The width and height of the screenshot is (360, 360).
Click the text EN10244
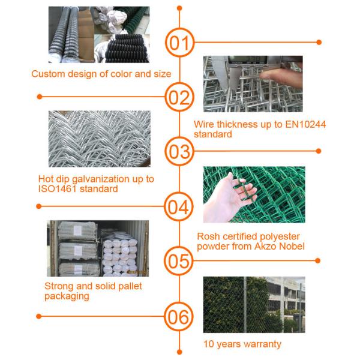point(305,124)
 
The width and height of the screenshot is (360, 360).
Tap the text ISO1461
point(57,189)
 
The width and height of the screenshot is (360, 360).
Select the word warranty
point(262,344)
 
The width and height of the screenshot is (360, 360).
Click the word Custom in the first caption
point(48,74)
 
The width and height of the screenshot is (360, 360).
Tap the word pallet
point(130,286)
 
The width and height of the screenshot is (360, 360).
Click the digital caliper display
point(248,60)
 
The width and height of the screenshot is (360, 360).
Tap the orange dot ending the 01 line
point(319,42)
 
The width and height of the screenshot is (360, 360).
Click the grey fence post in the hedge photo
point(245,305)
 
